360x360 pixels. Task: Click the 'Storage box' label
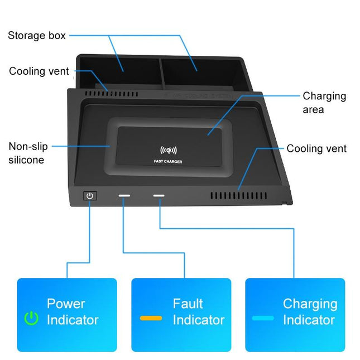(37, 36)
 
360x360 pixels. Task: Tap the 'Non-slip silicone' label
(28, 153)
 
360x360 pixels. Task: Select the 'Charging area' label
(324, 103)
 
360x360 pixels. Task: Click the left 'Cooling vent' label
(39, 71)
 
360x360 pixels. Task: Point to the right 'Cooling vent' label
(316, 148)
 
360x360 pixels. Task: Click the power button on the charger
(90, 196)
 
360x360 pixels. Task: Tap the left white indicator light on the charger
(124, 196)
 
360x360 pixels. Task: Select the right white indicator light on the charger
(160, 196)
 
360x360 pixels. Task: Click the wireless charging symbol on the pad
(168, 150)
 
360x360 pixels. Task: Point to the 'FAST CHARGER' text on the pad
(167, 162)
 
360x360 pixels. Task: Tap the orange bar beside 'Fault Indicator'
(151, 318)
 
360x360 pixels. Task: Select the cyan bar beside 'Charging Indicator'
(263, 318)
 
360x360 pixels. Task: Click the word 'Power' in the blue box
(66, 304)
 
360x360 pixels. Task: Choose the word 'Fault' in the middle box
(188, 304)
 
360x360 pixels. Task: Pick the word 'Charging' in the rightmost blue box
(310, 304)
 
